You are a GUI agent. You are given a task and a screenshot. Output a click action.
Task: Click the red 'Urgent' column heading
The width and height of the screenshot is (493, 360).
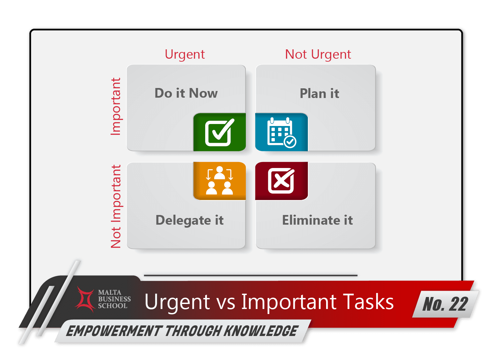click(185, 54)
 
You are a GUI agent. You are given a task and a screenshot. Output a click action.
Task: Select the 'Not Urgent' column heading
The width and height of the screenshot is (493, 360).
click(318, 54)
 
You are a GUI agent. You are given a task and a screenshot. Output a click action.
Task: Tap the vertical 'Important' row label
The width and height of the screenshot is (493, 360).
click(116, 107)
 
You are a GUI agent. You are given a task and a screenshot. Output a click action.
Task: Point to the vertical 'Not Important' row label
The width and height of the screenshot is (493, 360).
click(116, 207)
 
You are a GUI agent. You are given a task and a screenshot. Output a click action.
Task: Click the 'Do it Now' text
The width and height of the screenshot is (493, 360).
click(186, 93)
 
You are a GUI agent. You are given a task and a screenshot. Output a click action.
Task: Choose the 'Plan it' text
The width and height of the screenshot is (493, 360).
click(319, 94)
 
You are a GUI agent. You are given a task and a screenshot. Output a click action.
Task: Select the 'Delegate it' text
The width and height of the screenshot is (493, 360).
click(190, 220)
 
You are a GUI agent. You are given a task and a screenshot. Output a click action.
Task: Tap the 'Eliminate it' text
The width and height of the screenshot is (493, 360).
click(317, 220)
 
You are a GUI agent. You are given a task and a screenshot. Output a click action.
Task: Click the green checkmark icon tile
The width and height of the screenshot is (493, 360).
click(220, 132)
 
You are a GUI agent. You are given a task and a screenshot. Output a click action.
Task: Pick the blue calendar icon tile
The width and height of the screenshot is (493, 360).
click(281, 132)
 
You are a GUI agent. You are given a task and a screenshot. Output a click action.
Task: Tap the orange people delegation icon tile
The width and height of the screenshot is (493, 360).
click(220, 181)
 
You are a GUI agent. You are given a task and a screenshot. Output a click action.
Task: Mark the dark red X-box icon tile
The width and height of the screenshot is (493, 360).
click(281, 181)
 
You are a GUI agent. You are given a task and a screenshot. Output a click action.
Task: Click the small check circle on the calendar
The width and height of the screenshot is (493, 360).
click(290, 142)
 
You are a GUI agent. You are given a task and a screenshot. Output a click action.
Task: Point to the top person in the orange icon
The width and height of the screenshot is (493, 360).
click(219, 172)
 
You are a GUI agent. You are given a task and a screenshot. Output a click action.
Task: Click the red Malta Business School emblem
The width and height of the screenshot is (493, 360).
click(86, 299)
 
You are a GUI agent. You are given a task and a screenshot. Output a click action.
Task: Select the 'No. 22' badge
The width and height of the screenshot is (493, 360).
click(445, 304)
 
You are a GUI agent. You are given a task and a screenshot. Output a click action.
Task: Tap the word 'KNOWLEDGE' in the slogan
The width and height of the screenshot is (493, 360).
click(261, 331)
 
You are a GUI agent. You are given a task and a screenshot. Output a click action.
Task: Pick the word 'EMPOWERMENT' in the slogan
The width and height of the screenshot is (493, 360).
click(113, 331)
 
